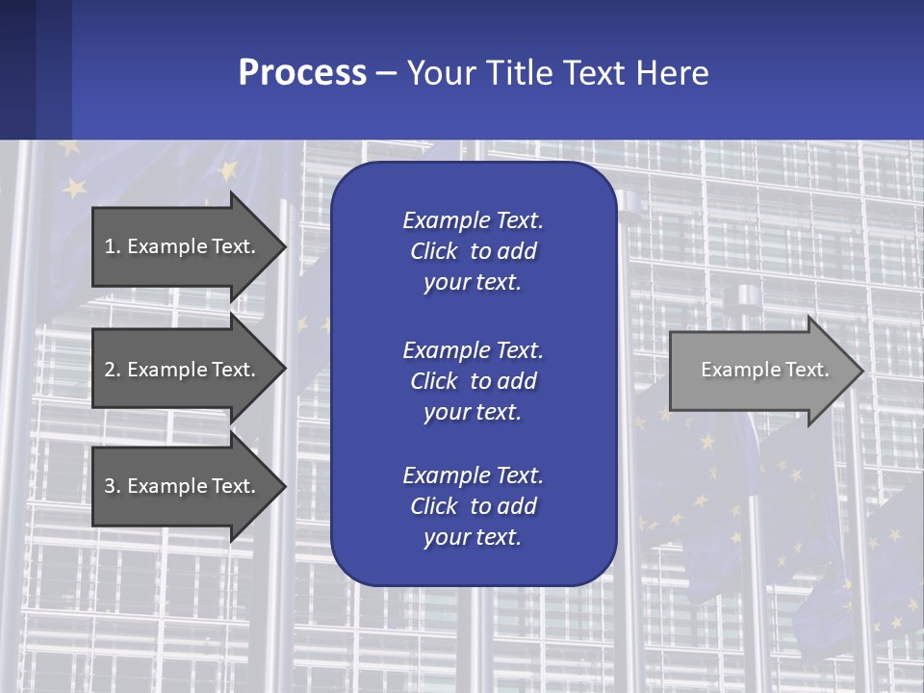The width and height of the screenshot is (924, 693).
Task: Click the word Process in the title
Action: pos(301,73)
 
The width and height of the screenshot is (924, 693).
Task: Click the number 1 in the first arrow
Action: pos(110,246)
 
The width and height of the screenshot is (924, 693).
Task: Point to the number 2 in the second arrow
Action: pos(110,370)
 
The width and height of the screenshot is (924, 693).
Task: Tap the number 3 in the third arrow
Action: pos(110,486)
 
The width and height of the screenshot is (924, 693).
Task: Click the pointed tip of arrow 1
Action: pos(283,246)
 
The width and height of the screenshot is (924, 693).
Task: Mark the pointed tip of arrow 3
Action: pos(283,486)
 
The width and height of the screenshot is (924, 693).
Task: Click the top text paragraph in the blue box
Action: pos(473,251)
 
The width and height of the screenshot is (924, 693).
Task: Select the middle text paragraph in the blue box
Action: pos(473,381)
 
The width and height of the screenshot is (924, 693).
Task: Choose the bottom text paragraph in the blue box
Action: pos(473,506)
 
